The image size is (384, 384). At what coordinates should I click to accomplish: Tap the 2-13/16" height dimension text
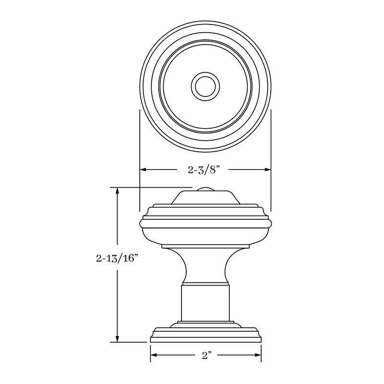(x=117, y=258)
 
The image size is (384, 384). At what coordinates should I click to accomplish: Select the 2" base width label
(x=206, y=355)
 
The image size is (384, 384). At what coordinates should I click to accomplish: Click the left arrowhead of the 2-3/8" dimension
(x=143, y=169)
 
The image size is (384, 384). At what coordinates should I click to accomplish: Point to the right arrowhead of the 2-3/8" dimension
(x=268, y=169)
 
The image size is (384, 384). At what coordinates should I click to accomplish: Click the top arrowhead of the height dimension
(x=117, y=191)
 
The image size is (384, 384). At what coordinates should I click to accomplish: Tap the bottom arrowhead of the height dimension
(x=117, y=339)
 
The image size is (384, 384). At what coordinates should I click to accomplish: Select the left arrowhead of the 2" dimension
(x=154, y=355)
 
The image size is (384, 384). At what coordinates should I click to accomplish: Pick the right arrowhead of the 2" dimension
(x=258, y=355)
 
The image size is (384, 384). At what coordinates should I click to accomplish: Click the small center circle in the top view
(x=205, y=86)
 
